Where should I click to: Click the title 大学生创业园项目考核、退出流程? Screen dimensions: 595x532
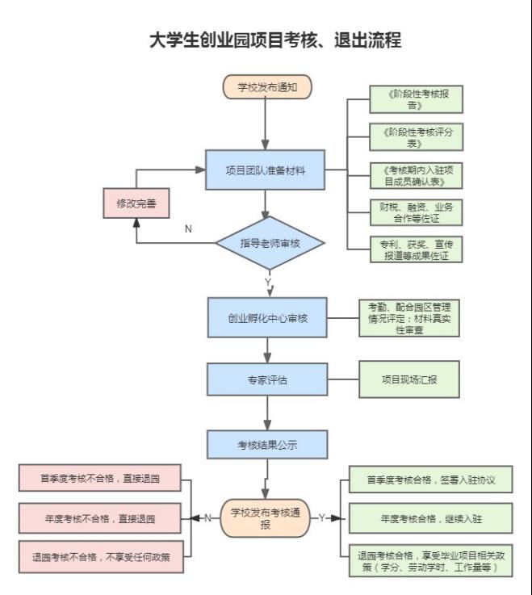click(x=275, y=40)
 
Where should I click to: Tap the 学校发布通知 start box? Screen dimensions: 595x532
click(x=266, y=86)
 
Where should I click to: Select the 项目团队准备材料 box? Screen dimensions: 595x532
click(x=265, y=170)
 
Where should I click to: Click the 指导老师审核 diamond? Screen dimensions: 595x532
click(x=270, y=243)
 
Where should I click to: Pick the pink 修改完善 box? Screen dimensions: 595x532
click(x=136, y=203)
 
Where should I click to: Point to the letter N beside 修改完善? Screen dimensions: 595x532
click(x=188, y=228)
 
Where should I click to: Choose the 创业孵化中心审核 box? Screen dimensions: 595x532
click(x=267, y=317)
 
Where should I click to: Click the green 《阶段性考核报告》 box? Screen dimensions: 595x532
click(x=416, y=99)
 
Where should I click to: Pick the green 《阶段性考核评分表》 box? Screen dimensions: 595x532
click(x=416, y=136)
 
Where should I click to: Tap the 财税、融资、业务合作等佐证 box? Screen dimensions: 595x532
click(x=416, y=212)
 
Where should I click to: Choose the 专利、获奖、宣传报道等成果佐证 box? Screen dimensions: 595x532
click(x=416, y=249)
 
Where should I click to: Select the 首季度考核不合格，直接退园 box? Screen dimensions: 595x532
click(x=100, y=478)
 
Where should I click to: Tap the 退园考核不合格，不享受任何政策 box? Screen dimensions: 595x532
click(x=100, y=556)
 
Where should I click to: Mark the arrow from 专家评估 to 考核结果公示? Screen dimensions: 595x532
click(x=267, y=415)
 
